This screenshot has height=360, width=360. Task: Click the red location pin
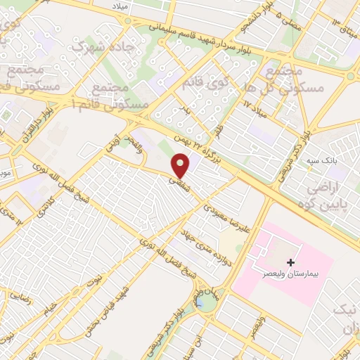tap(182, 166)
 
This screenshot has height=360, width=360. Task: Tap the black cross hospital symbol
tap(290, 262)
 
